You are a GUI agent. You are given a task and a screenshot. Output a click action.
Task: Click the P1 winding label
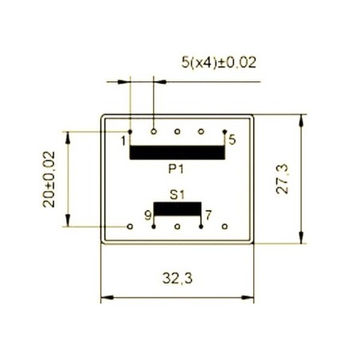point(177,169)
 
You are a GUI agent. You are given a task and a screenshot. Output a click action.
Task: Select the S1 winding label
point(177,194)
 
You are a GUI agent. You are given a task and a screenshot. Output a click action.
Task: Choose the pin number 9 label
point(147,215)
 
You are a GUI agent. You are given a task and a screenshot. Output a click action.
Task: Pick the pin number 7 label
point(208,215)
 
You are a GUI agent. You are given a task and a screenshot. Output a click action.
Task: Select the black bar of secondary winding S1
point(177,209)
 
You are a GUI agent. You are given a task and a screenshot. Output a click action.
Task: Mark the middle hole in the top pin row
point(178,131)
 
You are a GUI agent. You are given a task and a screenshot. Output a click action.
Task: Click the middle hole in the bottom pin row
point(178,226)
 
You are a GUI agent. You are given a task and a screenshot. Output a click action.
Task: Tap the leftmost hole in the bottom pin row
point(130,226)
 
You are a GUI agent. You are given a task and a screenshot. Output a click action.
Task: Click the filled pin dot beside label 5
point(225,131)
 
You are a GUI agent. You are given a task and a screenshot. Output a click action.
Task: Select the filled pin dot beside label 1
point(130,131)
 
